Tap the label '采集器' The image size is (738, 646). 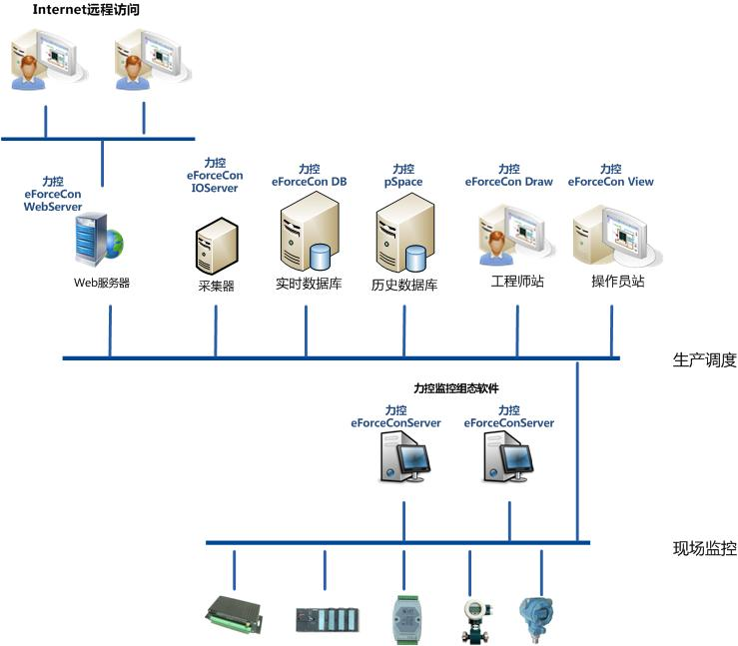pos(216,286)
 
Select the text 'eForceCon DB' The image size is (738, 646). pos(310,182)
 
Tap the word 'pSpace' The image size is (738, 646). pos(403,182)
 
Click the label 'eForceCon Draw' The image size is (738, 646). pos(509,182)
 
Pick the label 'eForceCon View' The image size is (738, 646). pos(610,182)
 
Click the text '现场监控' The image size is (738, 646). pos(705,548)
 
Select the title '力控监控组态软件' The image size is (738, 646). pos(456,388)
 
